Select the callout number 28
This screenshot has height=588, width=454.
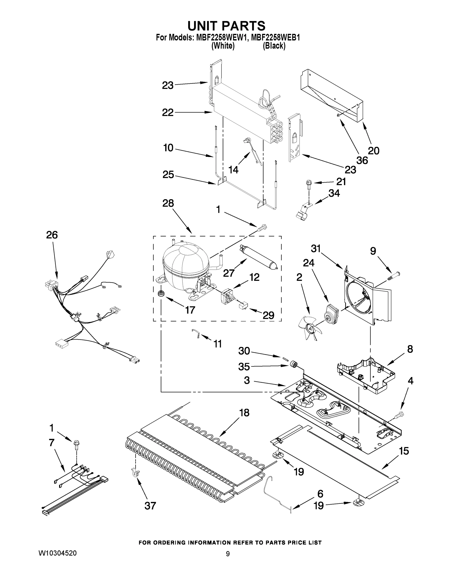click(168, 203)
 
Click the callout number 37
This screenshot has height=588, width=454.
click(150, 506)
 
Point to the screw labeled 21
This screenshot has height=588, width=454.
click(308, 184)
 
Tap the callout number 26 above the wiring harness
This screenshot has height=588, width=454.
click(52, 235)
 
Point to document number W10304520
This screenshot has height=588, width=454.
click(58, 553)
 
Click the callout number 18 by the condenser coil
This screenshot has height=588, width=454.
click(244, 413)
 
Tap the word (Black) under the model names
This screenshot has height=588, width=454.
click(274, 46)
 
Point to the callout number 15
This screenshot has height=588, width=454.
click(404, 451)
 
